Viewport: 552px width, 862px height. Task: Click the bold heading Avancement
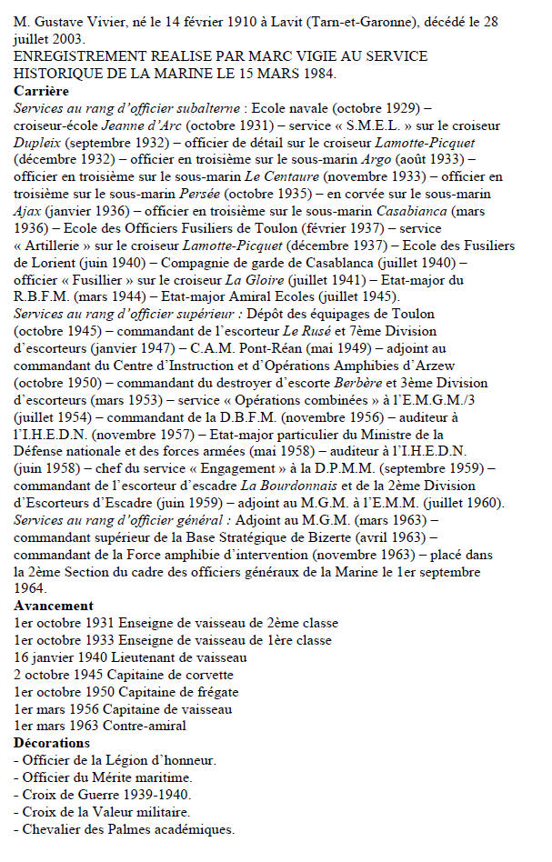(54, 606)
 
